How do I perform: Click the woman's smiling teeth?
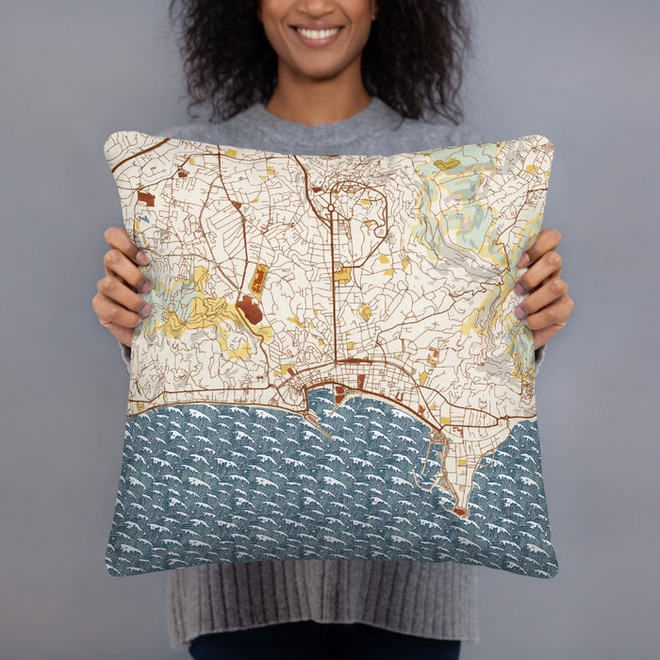[x=318, y=34]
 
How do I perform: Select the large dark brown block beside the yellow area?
[x=249, y=309]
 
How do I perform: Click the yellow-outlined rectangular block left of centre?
[x=258, y=278]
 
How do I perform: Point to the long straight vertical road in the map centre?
[x=334, y=283]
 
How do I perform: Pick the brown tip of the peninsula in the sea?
[x=460, y=512]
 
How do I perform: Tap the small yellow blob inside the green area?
[x=446, y=164]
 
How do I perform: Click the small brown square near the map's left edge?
[x=146, y=198]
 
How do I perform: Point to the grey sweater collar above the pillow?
[x=321, y=118]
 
